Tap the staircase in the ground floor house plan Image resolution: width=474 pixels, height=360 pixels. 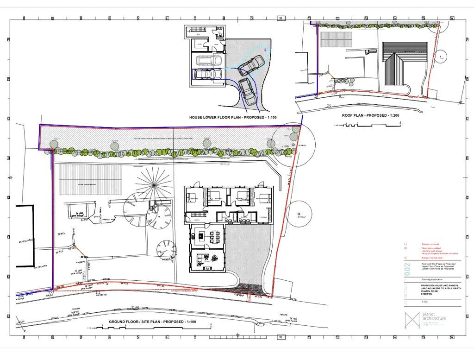tap(196, 215)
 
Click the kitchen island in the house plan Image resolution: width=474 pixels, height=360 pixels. tap(200, 236)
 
